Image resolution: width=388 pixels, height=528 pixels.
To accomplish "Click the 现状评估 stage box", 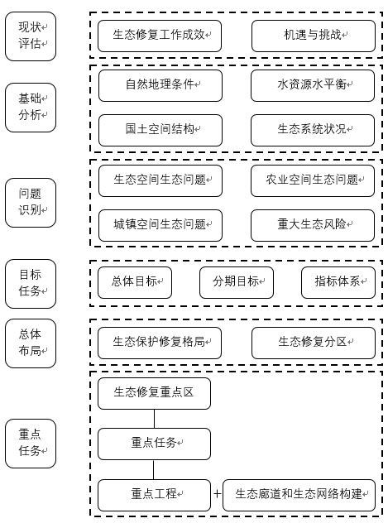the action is [x=31, y=36].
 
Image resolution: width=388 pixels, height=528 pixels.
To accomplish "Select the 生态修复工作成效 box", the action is [x=160, y=36].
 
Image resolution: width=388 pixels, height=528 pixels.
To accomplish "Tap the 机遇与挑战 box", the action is [x=314, y=36].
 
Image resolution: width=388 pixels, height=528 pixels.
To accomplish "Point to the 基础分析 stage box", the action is [x=31, y=108].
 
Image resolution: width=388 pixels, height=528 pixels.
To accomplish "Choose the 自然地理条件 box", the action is [x=160, y=85].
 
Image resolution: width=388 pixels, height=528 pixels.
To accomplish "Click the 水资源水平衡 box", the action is [x=313, y=85].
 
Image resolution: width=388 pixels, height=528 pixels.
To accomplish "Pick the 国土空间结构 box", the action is [x=160, y=130].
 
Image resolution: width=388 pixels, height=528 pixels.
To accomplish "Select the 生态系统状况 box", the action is [x=313, y=130].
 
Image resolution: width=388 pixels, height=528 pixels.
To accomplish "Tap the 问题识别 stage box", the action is [x=31, y=203].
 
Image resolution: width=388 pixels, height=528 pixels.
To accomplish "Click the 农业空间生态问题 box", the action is [x=313, y=180].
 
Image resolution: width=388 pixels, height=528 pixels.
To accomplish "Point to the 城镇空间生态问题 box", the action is [x=160, y=225].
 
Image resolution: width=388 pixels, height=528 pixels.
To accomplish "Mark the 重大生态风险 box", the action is [x=313, y=225].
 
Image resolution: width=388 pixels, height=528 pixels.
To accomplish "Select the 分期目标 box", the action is [x=237, y=282].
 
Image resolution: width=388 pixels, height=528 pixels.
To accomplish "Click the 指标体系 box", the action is [x=338, y=282].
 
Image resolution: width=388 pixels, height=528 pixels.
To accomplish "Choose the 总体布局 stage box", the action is [x=31, y=343].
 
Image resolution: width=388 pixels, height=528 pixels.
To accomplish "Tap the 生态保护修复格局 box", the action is [x=160, y=343].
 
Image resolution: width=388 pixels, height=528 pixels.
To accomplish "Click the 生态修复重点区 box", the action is [x=154, y=393].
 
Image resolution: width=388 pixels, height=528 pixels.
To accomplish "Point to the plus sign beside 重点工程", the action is [x=217, y=493].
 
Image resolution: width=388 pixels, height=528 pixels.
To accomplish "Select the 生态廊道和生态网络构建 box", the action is [x=299, y=496].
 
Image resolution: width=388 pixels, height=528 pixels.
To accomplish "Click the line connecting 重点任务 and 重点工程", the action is [x=154, y=470].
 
